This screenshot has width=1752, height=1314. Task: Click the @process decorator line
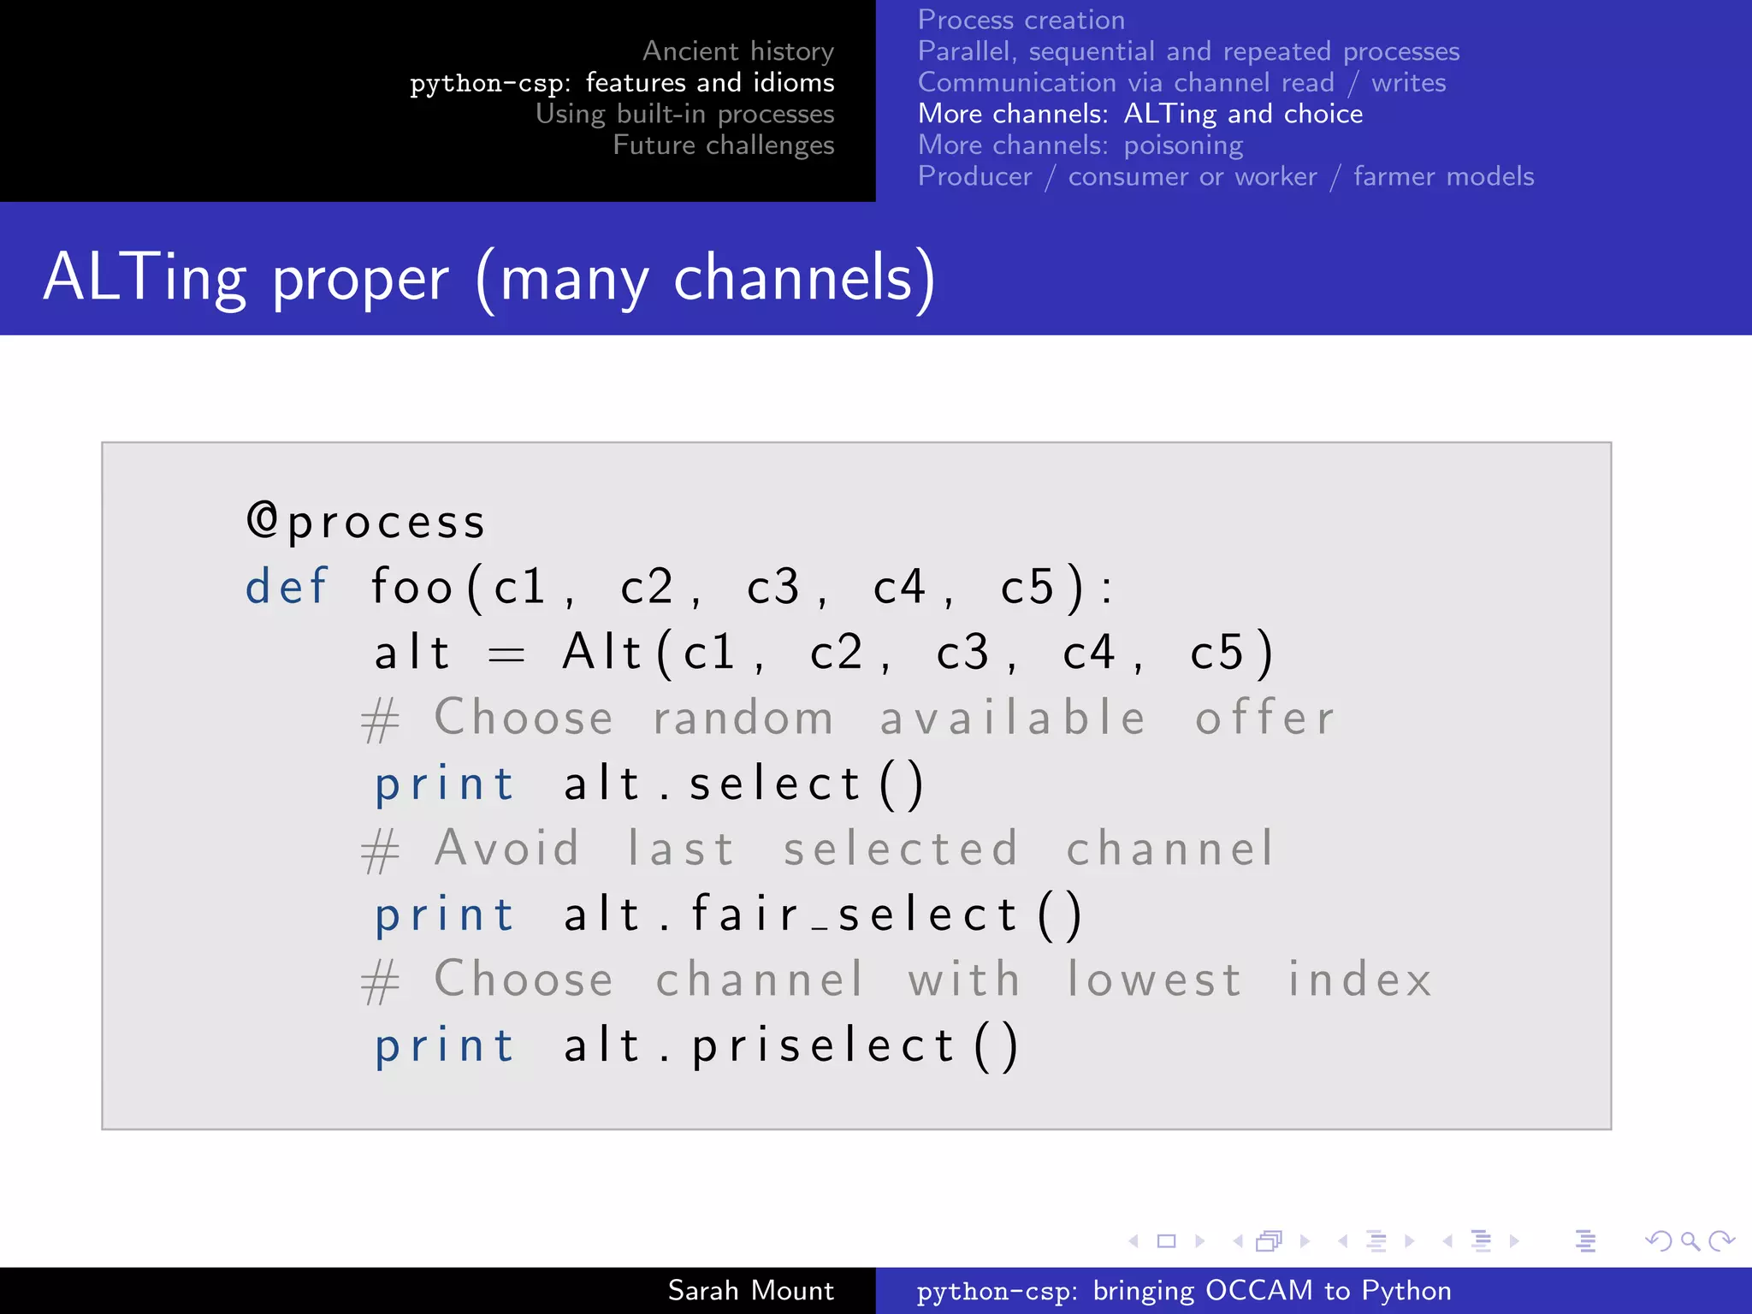366,522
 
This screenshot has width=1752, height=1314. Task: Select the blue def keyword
287,587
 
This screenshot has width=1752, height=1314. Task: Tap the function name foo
411,587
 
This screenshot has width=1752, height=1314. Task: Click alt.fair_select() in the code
823,914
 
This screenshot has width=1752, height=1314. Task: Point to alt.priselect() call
790,1045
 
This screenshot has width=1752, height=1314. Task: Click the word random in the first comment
743,718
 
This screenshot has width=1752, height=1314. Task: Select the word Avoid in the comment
507,849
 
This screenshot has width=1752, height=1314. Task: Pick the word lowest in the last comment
1153,980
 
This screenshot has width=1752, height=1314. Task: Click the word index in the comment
1359,980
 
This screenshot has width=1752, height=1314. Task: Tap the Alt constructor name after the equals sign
601,653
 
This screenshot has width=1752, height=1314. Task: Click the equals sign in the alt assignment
506,655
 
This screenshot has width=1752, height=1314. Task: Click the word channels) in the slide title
804,278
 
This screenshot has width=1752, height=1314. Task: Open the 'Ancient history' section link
737,51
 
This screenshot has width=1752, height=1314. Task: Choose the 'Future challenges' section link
723,145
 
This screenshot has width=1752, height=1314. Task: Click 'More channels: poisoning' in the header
1080,145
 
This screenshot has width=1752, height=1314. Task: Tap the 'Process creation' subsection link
1021,20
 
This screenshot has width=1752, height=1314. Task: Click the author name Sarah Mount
750,1290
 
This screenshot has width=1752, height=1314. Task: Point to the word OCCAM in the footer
1258,1290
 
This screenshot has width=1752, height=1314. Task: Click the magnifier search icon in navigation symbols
1690,1240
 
